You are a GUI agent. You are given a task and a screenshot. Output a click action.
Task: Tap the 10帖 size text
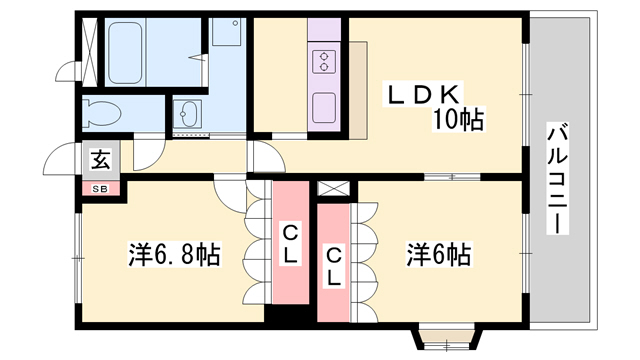click(458, 120)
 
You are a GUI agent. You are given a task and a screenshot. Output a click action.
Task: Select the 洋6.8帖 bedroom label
click(174, 254)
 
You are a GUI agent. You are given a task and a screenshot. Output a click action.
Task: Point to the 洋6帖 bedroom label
click(438, 254)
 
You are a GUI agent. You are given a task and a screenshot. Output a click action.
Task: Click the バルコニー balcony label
click(558, 178)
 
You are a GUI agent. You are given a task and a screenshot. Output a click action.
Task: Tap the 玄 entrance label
click(101, 160)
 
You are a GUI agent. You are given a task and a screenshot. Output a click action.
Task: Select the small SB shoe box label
click(100, 189)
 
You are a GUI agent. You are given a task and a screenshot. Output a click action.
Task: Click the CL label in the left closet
click(290, 244)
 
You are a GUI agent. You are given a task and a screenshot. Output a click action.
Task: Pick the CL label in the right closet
click(333, 267)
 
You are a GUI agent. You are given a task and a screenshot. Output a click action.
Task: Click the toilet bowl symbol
click(101, 113)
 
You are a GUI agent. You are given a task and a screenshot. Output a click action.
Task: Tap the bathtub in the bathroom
click(125, 53)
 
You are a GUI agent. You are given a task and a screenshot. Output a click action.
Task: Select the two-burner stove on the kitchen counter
click(324, 62)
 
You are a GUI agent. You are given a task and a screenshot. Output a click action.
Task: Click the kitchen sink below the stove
click(324, 108)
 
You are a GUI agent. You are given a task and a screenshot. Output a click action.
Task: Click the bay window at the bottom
click(448, 336)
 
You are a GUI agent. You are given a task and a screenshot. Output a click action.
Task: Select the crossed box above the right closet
click(334, 189)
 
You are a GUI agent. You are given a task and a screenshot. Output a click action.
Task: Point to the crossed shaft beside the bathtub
click(90, 52)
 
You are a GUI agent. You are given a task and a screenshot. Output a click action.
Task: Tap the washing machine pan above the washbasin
click(227, 31)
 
